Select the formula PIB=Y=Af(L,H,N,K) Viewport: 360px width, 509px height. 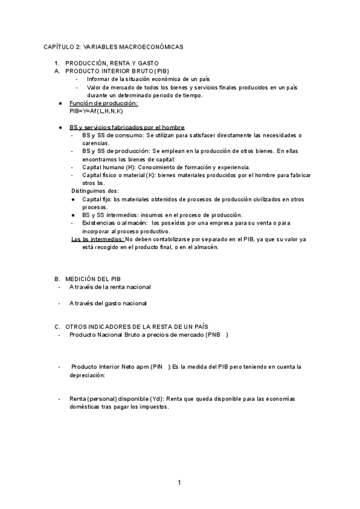(96, 112)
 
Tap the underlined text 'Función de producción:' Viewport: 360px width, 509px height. (104, 104)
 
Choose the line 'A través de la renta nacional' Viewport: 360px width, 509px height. (110, 288)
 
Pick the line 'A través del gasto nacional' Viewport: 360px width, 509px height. (108, 304)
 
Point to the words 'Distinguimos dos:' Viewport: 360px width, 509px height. (95, 191)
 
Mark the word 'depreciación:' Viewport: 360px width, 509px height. (87, 375)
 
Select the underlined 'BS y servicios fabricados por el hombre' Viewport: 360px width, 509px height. (127, 127)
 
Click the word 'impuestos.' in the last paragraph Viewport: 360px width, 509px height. (154, 407)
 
